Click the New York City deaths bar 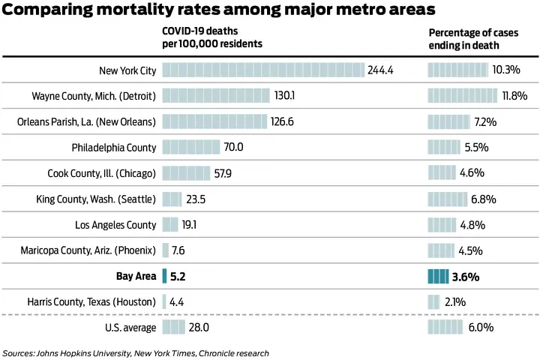263,70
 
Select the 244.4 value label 381,70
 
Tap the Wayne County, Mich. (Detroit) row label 94,96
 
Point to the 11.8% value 514,96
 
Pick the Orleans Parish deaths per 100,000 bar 214,121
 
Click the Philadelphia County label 114,148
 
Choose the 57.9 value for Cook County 223,173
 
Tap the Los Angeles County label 115,225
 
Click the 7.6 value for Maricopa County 178,250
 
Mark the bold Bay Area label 136,276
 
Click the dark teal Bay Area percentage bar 438,276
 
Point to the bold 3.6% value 466,276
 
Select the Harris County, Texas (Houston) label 91,301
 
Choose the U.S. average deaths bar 173,328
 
